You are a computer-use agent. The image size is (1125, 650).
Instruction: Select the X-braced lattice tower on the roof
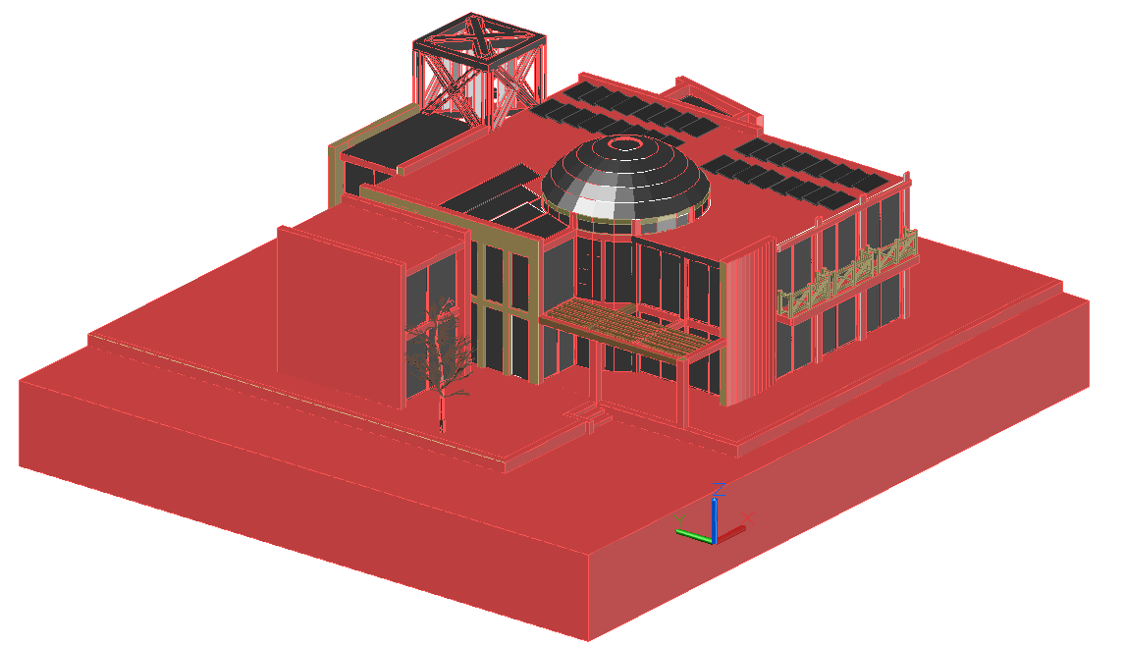pyautogui.click(x=478, y=71)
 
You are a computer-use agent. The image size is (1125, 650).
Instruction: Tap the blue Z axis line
pyautogui.click(x=715, y=519)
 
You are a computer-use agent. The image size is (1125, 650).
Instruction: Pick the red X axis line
pyautogui.click(x=731, y=534)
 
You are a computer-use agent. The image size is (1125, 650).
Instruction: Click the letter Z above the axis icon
pyautogui.click(x=719, y=490)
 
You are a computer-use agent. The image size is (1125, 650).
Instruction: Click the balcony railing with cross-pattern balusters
pyautogui.click(x=848, y=274)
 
